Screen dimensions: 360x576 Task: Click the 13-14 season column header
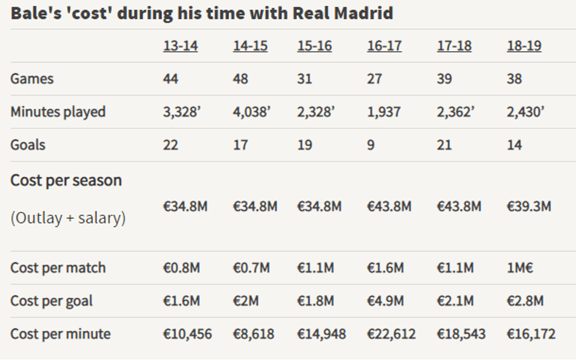pos(180,46)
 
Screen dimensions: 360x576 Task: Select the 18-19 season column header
pos(524,46)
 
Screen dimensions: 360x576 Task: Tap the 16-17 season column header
pos(384,46)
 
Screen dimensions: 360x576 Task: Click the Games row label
pos(32,79)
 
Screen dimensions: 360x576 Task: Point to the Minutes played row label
pos(58,112)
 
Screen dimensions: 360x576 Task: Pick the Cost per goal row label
pos(52,301)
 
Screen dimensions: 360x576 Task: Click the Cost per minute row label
pos(61,334)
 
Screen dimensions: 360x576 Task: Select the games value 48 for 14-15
pos(240,79)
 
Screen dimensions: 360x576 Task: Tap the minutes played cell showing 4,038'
pos(252,112)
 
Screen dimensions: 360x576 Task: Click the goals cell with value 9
pos(371,145)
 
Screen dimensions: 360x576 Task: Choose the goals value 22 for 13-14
pos(170,145)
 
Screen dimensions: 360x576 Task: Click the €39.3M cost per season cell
pos(529,206)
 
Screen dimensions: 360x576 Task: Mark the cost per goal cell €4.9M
pos(386,301)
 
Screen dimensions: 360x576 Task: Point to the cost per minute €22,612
pos(391,334)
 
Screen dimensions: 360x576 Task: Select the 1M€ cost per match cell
pos(520,268)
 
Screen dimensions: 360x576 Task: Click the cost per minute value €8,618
pos(253,334)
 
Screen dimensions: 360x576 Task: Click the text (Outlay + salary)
pos(68,218)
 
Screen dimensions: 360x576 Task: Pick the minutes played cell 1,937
pos(384,112)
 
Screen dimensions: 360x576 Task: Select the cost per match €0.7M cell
pos(252,268)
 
